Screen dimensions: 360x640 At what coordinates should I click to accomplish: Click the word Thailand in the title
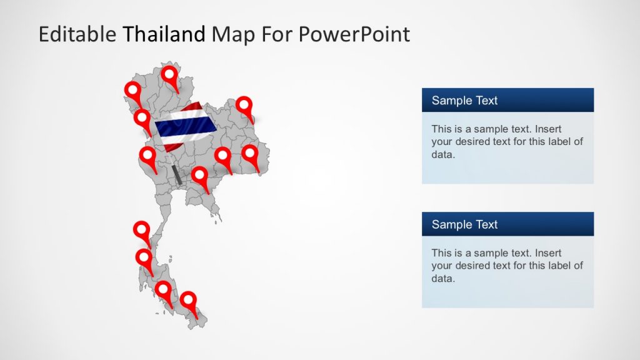[164, 34]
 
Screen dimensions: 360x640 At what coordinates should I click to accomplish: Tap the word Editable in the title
[77, 34]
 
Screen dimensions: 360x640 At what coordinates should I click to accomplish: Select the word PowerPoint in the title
[354, 34]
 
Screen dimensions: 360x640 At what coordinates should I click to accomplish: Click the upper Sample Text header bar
[507, 100]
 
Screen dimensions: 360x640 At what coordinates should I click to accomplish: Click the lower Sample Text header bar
[507, 224]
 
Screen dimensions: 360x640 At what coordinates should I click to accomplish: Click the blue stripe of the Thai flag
[185, 127]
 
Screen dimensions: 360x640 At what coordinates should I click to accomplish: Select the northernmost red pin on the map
[169, 76]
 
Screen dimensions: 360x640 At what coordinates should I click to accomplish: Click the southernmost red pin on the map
[188, 301]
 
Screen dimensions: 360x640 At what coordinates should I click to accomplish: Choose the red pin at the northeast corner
[244, 106]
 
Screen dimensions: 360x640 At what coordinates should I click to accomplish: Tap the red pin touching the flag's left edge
[142, 118]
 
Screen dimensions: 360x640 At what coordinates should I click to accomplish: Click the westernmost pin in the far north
[132, 91]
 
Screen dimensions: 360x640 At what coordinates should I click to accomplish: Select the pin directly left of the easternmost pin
[223, 156]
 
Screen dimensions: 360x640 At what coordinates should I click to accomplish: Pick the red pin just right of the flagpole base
[199, 176]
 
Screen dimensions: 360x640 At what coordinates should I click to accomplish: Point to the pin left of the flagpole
[148, 156]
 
